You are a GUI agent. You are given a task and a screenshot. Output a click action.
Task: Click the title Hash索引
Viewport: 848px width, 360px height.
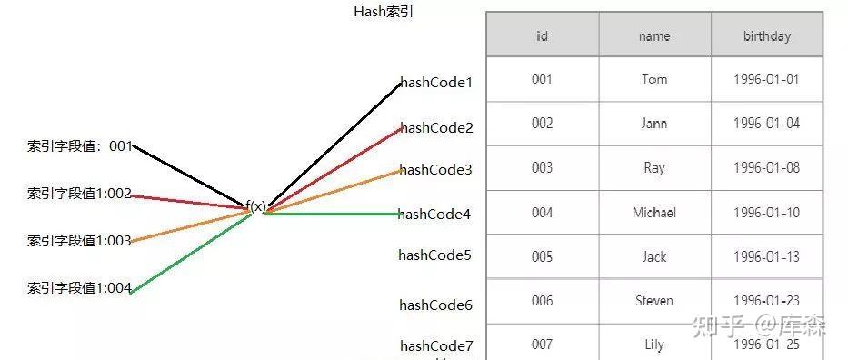pyautogui.click(x=384, y=13)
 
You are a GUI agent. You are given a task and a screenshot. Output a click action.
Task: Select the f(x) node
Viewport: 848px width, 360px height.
pyautogui.click(x=256, y=206)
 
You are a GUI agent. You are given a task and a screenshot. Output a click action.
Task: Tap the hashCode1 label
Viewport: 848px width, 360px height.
pyautogui.click(x=437, y=83)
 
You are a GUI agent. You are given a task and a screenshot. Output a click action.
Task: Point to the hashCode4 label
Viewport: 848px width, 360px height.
pyautogui.click(x=434, y=215)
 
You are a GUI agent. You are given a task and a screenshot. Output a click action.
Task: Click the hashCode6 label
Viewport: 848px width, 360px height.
pyautogui.click(x=435, y=305)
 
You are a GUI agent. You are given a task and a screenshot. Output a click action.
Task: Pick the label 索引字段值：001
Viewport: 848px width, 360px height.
pyautogui.click(x=80, y=145)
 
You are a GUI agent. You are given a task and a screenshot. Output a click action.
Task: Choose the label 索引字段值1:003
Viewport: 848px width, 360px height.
pyautogui.click(x=79, y=241)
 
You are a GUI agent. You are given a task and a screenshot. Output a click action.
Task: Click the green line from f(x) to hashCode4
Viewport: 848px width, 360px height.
pyautogui.click(x=336, y=214)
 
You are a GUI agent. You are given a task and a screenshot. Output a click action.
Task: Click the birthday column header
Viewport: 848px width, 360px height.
pyautogui.click(x=766, y=36)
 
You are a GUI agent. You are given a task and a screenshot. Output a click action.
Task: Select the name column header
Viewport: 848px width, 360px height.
pyautogui.click(x=654, y=36)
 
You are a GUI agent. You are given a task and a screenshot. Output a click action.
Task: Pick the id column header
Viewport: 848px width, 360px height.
pyautogui.click(x=542, y=36)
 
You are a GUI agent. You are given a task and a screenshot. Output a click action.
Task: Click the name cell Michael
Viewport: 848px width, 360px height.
pyautogui.click(x=654, y=213)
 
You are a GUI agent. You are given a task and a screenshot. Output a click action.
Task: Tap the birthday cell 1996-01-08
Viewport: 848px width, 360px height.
pyautogui.click(x=766, y=168)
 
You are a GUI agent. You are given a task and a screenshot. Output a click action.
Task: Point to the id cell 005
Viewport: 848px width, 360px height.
pyautogui.click(x=542, y=256)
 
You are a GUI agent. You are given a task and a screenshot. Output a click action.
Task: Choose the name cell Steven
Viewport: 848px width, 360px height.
pyautogui.click(x=654, y=301)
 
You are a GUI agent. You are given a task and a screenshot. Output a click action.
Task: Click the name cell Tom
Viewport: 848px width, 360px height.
pyautogui.click(x=654, y=79)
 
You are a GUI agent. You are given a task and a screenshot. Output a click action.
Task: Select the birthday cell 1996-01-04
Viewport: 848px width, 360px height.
pyautogui.click(x=766, y=124)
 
